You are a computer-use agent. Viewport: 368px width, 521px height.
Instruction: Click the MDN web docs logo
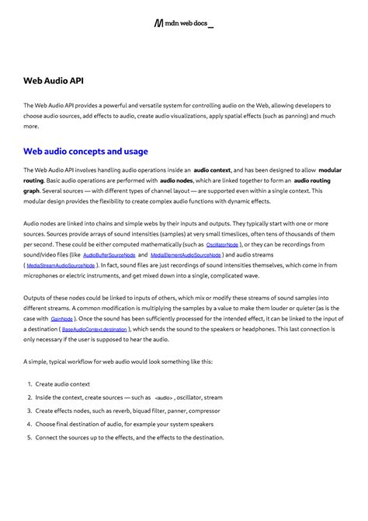pos(184,25)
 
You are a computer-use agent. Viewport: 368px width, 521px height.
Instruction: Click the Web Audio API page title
pos(54,80)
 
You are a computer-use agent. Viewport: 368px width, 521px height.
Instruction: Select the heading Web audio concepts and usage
pos(85,151)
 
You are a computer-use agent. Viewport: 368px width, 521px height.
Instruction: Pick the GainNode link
pos(61,319)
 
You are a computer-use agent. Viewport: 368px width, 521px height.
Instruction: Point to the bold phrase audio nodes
pos(177,180)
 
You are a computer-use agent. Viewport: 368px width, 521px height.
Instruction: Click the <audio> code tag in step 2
pos(163,397)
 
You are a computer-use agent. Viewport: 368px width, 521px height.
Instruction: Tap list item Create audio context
pos(63,384)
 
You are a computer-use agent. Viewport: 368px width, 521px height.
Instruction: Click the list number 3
pos(29,411)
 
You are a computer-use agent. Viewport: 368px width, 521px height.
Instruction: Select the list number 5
pos(29,437)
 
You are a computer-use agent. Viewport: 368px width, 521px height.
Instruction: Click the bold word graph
pos(32,191)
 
